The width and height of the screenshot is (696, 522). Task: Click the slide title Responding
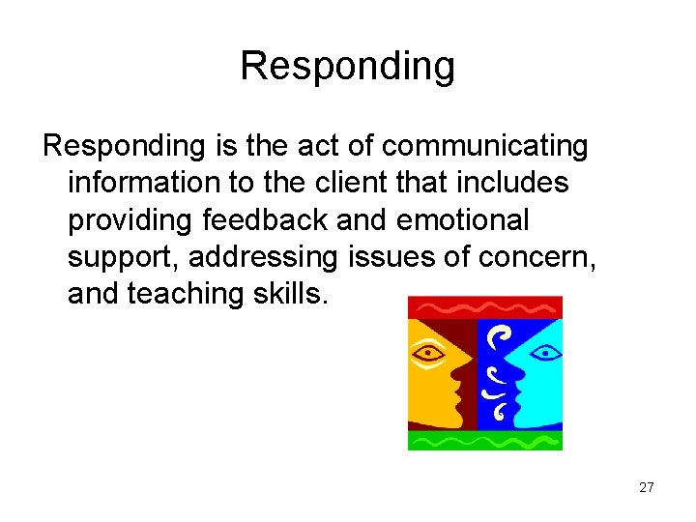coord(347,66)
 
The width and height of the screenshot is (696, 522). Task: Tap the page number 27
coord(647,487)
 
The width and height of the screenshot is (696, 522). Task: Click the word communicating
coord(484,146)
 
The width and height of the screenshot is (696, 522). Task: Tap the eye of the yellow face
coord(428,353)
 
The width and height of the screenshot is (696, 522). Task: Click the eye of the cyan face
coord(546,353)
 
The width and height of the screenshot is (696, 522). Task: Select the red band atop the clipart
coord(484,307)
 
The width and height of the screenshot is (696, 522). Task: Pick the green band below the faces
coord(484,440)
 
